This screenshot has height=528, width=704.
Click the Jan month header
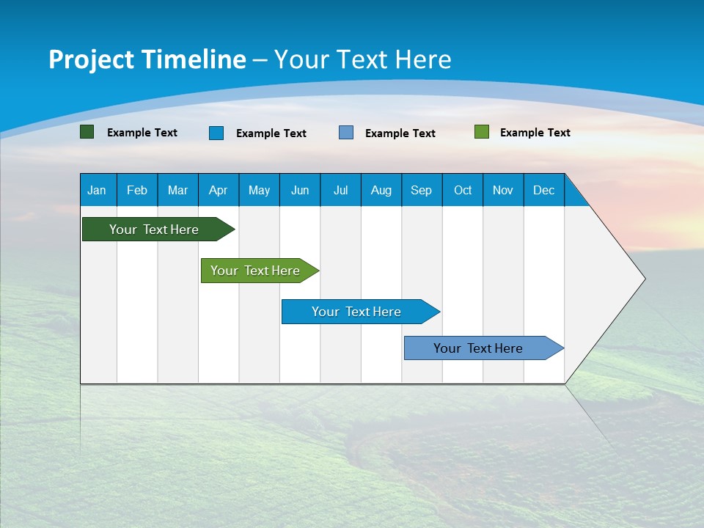[x=97, y=190]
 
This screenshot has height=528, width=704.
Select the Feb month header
[x=137, y=190]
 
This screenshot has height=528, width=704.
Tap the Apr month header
[x=218, y=190]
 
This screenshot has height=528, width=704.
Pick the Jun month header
[x=300, y=190]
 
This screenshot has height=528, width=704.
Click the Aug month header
[x=381, y=190]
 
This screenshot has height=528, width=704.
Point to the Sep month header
[x=421, y=190]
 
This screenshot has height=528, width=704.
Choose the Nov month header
[x=502, y=190]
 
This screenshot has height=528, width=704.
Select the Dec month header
[x=543, y=190]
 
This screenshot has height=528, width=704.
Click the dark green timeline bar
[x=154, y=230]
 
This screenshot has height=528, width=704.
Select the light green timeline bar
[x=256, y=271]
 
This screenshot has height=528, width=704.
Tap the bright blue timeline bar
[x=356, y=312]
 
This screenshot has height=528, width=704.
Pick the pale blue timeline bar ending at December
[x=479, y=348]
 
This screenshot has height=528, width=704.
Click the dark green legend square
[x=87, y=132]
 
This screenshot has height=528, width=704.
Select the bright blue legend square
[x=216, y=133]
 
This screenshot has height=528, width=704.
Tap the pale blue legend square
[x=346, y=132]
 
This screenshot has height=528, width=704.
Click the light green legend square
[x=482, y=132]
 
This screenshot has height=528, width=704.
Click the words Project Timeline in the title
[x=147, y=59]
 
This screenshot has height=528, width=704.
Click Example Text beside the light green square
[x=535, y=133]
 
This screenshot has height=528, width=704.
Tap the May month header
[x=259, y=190]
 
